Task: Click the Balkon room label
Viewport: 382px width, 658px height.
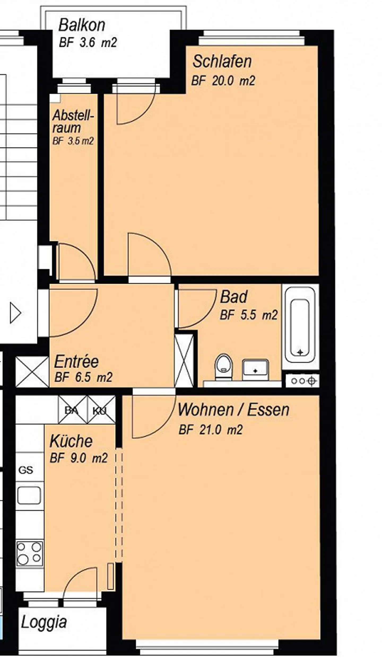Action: coord(82,25)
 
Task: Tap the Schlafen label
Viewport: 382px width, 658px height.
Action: coord(222,61)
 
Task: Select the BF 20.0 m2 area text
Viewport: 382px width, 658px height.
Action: coord(223,81)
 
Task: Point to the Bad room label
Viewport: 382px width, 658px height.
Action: coord(233,297)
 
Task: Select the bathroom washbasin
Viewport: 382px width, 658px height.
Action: coord(255,370)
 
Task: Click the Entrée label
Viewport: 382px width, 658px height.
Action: coord(76,361)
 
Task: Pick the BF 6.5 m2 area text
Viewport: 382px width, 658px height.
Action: coord(83,377)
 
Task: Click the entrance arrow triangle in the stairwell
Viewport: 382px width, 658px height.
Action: coord(15,313)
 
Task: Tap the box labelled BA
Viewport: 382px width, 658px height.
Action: coord(72,409)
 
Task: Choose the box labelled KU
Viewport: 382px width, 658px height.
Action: coord(101,409)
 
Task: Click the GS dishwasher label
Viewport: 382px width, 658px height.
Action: coord(26,470)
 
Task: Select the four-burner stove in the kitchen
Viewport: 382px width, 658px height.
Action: coord(29,554)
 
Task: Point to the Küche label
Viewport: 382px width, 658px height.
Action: coord(71,441)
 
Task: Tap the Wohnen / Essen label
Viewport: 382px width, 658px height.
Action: coord(233,409)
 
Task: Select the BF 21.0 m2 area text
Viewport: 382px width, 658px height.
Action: coord(211,430)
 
